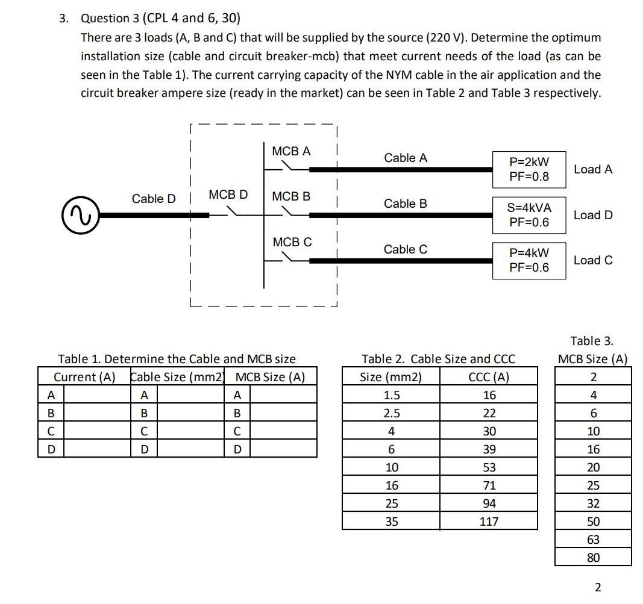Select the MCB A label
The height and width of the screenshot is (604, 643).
[291, 151]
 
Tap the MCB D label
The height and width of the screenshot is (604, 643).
[228, 195]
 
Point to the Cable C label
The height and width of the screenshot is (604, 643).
[406, 249]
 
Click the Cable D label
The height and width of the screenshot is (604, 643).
[154, 199]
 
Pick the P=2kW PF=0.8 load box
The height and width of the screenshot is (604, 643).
[529, 169]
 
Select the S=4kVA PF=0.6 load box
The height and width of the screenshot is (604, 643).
[529, 214]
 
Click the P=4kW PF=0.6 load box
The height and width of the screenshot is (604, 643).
[529, 260]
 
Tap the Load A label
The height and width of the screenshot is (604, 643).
[593, 169]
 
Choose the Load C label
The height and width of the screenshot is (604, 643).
[593, 260]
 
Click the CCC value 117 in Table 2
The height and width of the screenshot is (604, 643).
[489, 521]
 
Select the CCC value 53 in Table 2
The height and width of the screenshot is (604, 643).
[489, 467]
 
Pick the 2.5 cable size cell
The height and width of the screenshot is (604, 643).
[391, 413]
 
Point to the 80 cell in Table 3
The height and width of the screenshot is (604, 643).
[593, 557]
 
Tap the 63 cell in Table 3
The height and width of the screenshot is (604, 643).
[593, 539]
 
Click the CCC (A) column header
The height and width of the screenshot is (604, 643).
[489, 377]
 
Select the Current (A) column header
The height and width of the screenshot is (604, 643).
[84, 377]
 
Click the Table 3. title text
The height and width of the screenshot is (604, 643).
[592, 341]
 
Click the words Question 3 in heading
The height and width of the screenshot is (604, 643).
[105, 18]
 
